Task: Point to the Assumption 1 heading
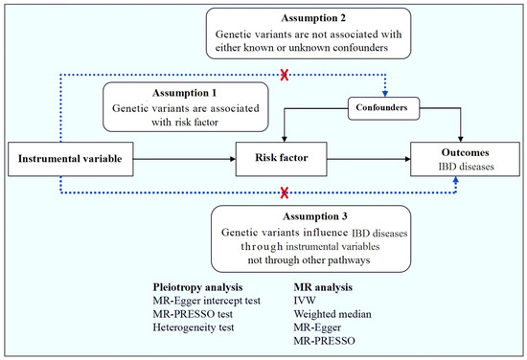[x=185, y=94]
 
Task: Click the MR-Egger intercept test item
[x=211, y=301]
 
